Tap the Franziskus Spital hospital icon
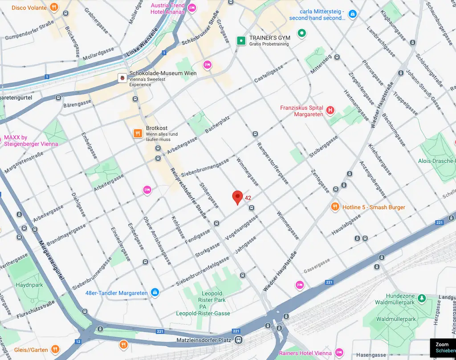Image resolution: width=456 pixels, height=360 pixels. pyautogui.click(x=330, y=110)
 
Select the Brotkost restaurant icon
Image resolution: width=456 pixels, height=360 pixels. pyautogui.click(x=138, y=133)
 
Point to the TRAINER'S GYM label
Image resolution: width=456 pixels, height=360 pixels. pyautogui.click(x=269, y=38)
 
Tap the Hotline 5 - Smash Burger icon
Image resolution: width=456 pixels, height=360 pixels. pyautogui.click(x=335, y=207)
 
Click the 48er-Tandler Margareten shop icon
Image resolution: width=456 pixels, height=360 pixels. pyautogui.click(x=155, y=293)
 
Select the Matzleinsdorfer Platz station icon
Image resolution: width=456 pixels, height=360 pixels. pyautogui.click(x=239, y=340)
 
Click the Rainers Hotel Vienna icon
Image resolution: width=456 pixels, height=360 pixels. pyautogui.click(x=339, y=352)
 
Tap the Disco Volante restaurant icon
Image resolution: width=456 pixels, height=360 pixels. pyautogui.click(x=54, y=7)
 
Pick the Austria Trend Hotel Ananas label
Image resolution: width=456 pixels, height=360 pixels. pyautogui.click(x=167, y=9)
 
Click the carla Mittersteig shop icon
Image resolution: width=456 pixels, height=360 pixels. pyautogui.click(x=353, y=14)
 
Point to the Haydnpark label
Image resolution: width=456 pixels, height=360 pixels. pyautogui.click(x=29, y=285)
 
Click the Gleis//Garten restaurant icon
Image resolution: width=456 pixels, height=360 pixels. pyautogui.click(x=55, y=349)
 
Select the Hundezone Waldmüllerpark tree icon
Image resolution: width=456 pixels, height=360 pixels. pyautogui.click(x=421, y=298)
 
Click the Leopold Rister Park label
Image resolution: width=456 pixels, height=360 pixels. pyautogui.click(x=212, y=297)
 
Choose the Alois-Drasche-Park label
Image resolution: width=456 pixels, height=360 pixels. pyautogui.click(x=437, y=161)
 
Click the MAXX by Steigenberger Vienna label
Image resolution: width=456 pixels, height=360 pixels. pyautogui.click(x=31, y=141)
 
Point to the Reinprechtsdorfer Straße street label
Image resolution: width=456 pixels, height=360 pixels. pyautogui.click(x=189, y=193)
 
